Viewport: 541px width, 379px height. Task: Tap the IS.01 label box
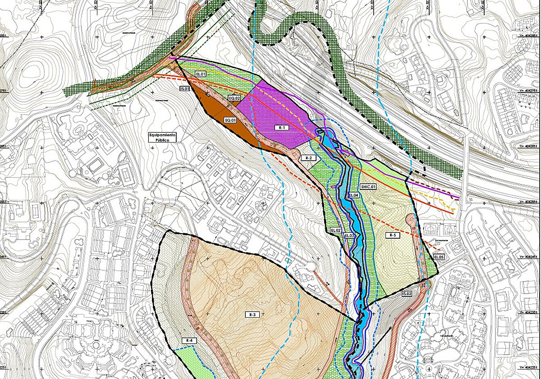[x=184, y=89]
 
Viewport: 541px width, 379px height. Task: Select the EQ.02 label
[x=234, y=98]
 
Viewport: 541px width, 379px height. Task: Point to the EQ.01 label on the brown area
[x=230, y=120]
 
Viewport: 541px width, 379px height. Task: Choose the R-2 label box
[x=308, y=158]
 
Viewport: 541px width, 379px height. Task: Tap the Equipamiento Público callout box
[x=163, y=138]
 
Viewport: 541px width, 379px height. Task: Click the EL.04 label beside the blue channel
[x=353, y=195]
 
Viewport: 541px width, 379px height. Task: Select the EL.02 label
[x=335, y=230]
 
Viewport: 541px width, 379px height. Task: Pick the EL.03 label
[x=350, y=236]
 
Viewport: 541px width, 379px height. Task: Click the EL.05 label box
[x=439, y=257]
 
